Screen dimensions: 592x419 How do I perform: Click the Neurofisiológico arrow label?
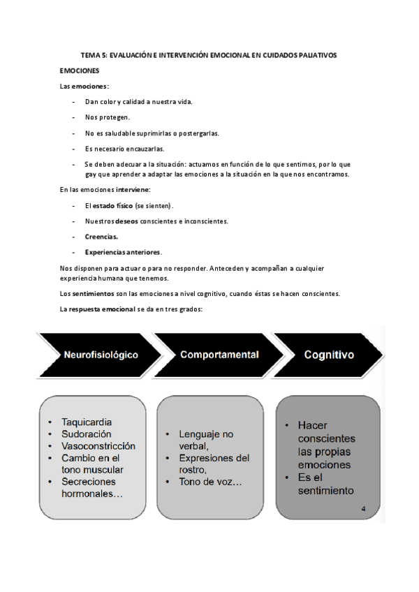coord(101,355)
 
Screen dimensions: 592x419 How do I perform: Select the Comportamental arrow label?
coord(219,355)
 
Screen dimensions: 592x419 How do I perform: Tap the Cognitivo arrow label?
coord(328,355)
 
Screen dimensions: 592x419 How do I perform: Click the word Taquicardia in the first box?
coord(87,422)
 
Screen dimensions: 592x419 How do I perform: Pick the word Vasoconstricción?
coord(98,445)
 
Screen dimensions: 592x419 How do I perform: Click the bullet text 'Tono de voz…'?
coord(211,482)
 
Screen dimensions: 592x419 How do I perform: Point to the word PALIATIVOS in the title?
coord(315,54)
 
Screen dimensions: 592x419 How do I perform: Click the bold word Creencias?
coord(101,237)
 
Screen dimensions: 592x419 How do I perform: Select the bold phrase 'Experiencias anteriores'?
coord(123,251)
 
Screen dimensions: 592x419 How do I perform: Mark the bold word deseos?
coord(124,221)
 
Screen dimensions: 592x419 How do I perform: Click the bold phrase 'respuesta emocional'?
coord(105,309)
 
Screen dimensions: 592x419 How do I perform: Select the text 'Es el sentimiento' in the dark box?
coord(325,484)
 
